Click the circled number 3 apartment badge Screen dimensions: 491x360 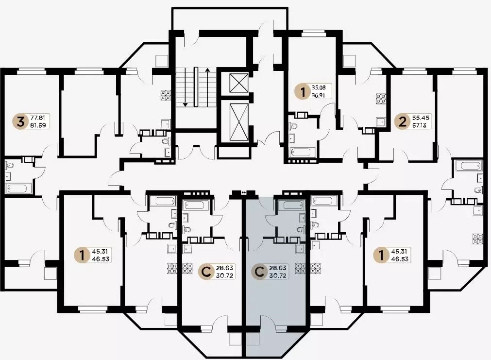(21, 122)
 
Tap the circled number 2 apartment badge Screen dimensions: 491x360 (403, 121)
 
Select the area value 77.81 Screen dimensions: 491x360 (37, 118)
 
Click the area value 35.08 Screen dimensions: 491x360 (319, 88)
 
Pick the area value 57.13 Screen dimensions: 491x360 (421, 125)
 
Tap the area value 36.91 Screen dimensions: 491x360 (319, 95)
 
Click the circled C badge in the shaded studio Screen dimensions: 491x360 (259, 272)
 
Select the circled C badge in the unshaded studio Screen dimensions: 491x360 (206, 272)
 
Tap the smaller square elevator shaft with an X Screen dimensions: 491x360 (238, 83)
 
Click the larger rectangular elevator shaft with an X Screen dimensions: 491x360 (238, 122)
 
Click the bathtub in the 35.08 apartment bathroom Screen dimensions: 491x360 (302, 153)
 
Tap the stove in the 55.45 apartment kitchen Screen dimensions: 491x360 (381, 99)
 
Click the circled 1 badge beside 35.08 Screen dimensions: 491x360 (303, 91)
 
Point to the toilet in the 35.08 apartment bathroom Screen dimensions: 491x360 (294, 126)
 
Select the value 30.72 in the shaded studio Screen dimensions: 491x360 (278, 276)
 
